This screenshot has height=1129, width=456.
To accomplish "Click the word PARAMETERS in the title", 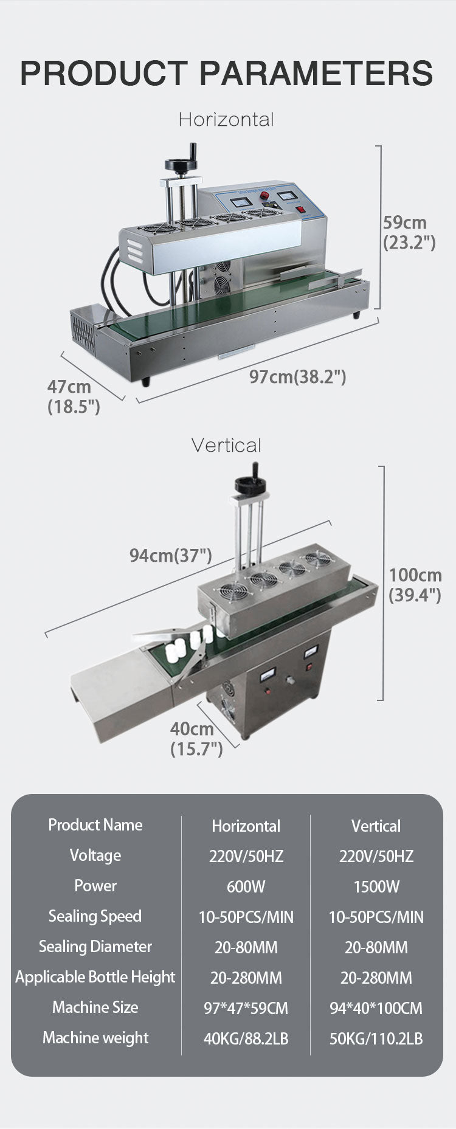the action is (316, 73).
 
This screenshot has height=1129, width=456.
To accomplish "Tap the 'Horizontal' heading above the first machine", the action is (226, 119).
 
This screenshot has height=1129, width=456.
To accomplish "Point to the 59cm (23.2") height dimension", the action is (409, 232).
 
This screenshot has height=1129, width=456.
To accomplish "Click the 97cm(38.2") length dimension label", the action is (297, 377).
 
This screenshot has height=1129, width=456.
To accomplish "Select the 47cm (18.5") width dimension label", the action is (74, 396).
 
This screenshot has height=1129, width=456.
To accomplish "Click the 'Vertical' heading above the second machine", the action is (226, 445).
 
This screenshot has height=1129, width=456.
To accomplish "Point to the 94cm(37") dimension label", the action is (170, 555).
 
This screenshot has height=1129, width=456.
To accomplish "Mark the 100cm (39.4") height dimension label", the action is (415, 584).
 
